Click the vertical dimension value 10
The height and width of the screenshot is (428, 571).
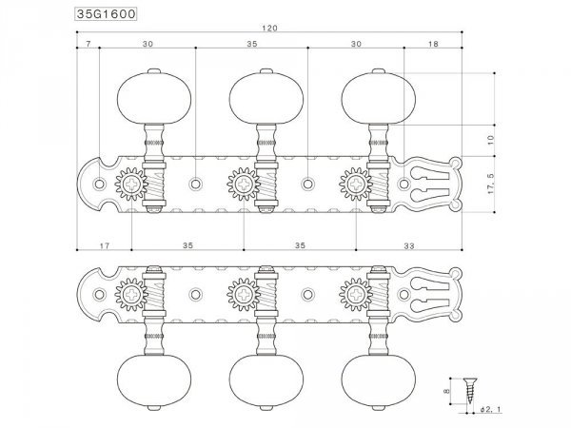(490, 139)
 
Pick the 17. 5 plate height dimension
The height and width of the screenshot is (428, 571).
(490, 184)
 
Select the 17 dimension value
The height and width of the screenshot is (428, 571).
(104, 245)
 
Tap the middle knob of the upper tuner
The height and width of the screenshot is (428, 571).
(258, 92)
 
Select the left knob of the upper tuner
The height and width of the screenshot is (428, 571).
(145, 92)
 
